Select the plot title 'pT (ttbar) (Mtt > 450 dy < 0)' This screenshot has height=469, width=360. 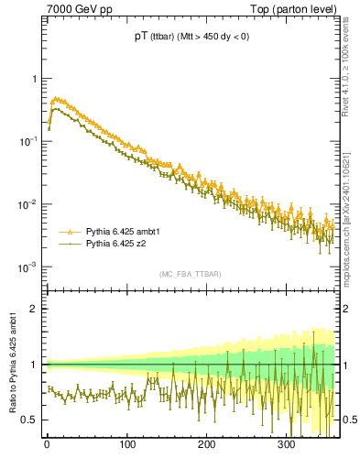point(190,37)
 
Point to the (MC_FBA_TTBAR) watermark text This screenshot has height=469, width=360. point(190,274)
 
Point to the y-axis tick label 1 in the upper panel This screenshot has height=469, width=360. point(35,79)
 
